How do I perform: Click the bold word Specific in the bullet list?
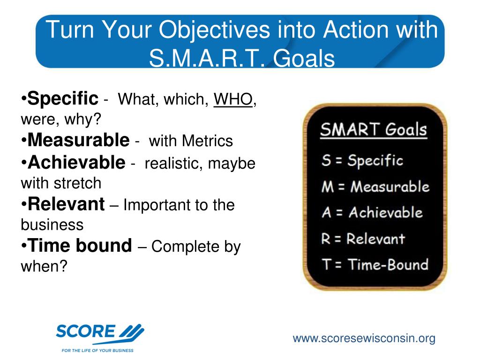click(63, 98)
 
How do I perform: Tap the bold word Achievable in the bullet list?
click(76, 162)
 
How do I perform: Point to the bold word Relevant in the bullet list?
click(66, 204)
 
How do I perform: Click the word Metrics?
click(207, 141)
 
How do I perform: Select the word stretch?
click(77, 183)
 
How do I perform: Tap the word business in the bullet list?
click(52, 225)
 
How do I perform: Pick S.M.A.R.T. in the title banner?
click(207, 58)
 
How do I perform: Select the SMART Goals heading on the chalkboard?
click(374, 130)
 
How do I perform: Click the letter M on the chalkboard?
click(327, 187)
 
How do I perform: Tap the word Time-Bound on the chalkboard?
click(388, 265)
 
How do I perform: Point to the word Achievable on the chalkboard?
click(386, 212)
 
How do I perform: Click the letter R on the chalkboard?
click(326, 239)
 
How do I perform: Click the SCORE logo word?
click(85, 331)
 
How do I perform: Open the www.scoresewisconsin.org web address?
click(364, 338)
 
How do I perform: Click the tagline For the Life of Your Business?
click(97, 350)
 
